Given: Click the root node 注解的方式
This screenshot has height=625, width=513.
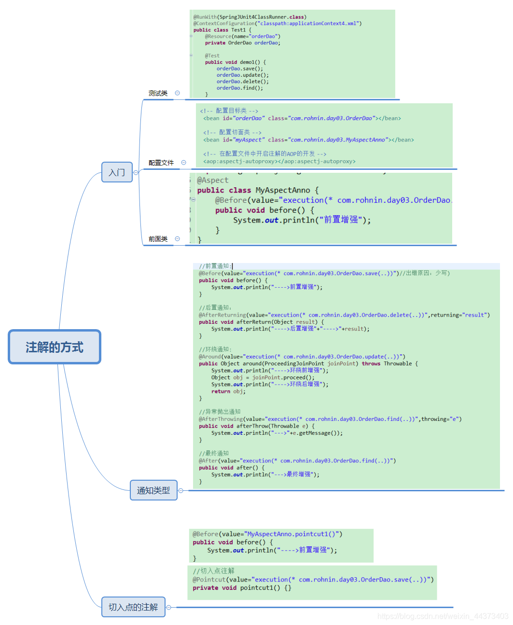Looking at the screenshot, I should [55, 347].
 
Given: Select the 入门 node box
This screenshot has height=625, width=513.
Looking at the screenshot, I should [117, 172].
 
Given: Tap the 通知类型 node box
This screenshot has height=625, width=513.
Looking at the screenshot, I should [153, 490].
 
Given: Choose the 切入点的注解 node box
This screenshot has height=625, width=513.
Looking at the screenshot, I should [133, 607].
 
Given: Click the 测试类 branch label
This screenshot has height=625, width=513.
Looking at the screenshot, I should [158, 93].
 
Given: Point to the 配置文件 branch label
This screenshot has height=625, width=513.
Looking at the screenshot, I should [161, 163].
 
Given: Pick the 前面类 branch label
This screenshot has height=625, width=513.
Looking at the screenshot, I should [158, 239].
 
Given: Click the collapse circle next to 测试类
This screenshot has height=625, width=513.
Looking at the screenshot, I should [177, 93].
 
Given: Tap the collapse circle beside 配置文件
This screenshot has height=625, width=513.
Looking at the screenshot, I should [183, 163].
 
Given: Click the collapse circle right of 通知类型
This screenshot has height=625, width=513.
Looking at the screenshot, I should [181, 491].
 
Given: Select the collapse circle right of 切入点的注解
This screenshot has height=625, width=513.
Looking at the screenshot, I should [169, 608].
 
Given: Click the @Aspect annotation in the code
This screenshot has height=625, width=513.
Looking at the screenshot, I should [212, 180].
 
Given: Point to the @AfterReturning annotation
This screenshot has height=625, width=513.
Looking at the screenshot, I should [222, 315].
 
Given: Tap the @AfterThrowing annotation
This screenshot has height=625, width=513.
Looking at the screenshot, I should [221, 419].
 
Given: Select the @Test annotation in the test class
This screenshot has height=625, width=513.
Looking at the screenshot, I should [212, 56].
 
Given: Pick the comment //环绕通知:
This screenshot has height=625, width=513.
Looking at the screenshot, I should [215, 349].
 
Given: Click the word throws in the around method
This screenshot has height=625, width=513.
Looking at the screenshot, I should [371, 364].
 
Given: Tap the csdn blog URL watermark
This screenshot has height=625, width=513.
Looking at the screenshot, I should [443, 616].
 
